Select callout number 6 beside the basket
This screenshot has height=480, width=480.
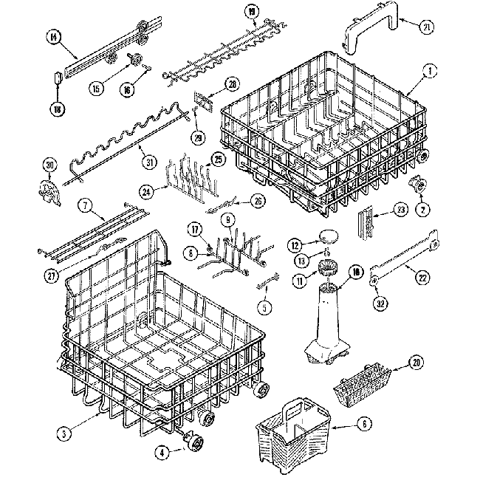tap(366, 425)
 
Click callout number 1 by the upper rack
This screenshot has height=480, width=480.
tap(427, 72)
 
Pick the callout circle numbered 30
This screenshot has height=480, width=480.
tap(49, 164)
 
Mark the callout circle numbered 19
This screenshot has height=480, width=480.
tap(253, 11)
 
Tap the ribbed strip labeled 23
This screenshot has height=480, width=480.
tap(363, 222)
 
